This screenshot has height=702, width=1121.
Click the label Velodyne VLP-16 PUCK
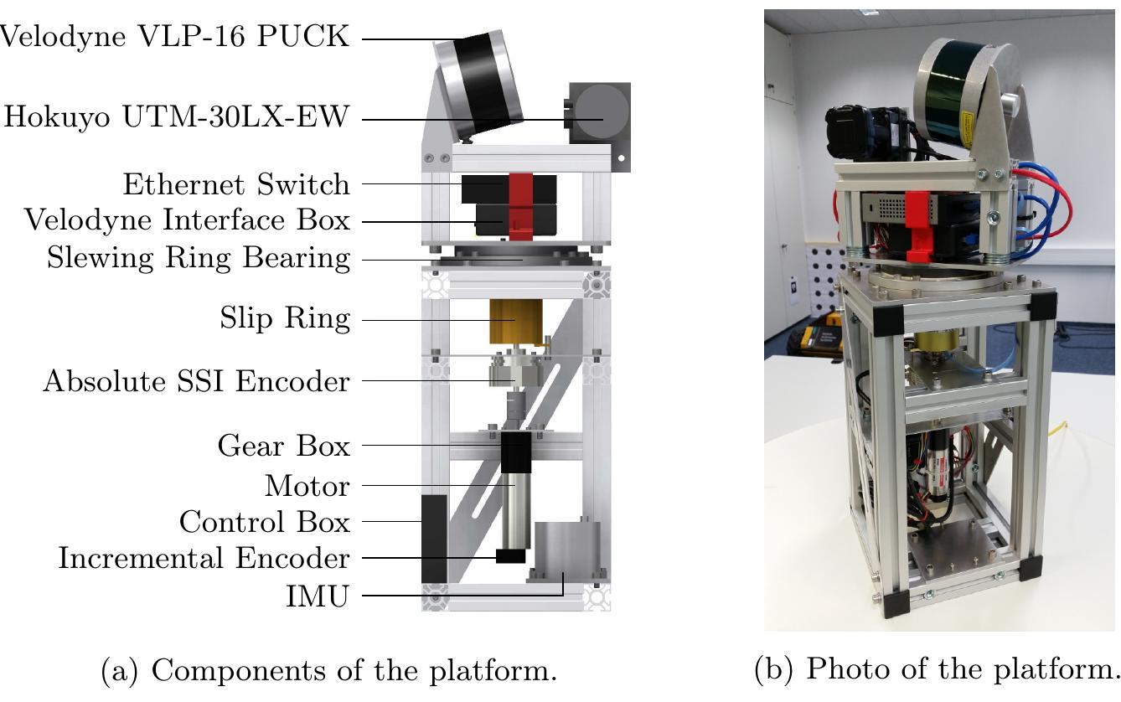(173, 38)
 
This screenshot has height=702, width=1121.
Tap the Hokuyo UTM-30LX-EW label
(176, 117)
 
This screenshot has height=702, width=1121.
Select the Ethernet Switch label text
(236, 183)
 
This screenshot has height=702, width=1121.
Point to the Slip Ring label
(285, 319)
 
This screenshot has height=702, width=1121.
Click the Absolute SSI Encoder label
(196, 381)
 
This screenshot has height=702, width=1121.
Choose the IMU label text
(317, 596)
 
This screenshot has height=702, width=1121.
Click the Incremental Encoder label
(204, 558)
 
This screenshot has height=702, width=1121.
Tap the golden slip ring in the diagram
(515, 321)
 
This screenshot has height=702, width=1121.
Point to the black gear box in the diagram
(515, 452)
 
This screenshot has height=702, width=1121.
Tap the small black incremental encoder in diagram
(510, 556)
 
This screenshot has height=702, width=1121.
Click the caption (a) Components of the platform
(328, 671)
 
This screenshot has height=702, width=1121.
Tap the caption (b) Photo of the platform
(937, 669)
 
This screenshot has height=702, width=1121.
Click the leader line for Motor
(436, 485)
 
